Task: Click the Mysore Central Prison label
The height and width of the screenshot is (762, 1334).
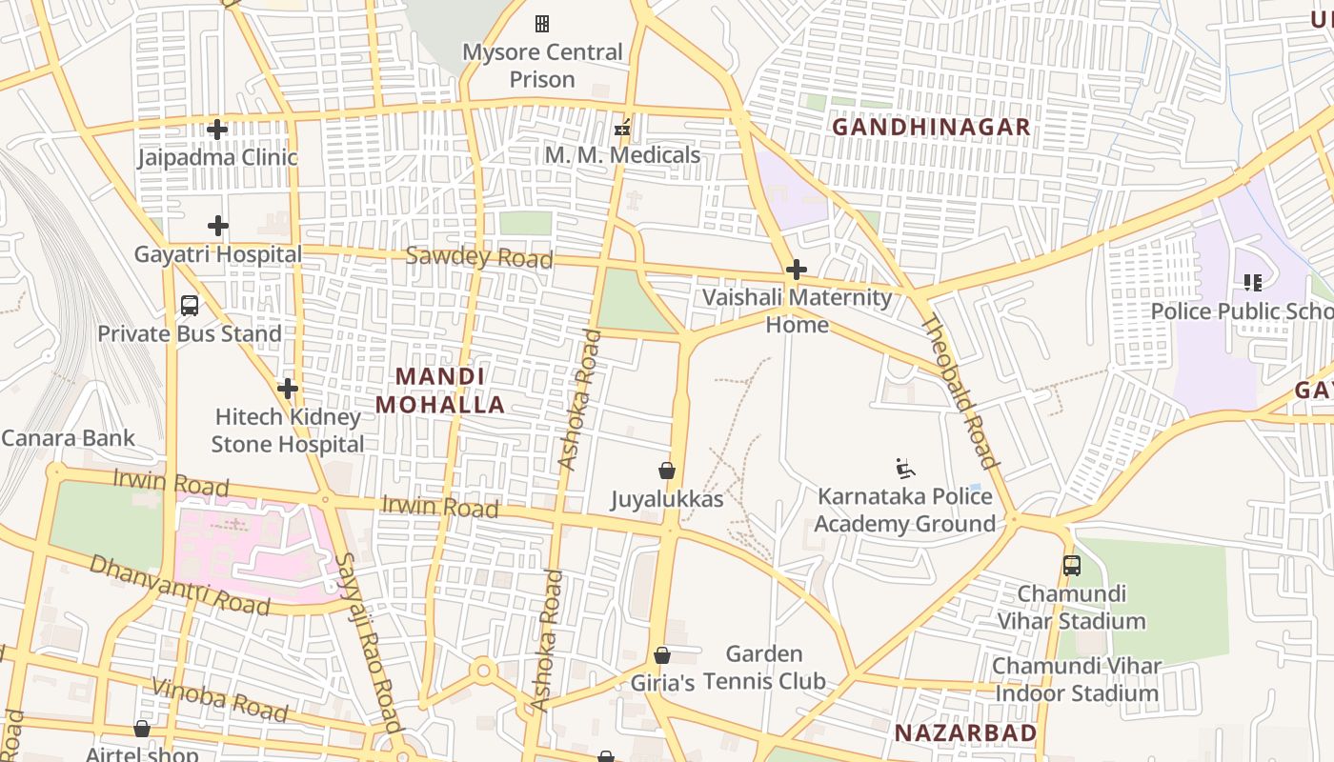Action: pyautogui.click(x=542, y=66)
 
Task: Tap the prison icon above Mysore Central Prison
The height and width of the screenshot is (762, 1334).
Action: pyautogui.click(x=542, y=23)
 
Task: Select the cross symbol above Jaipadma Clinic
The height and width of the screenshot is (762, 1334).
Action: pyautogui.click(x=217, y=129)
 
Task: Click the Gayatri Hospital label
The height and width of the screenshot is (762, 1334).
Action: pyautogui.click(x=217, y=254)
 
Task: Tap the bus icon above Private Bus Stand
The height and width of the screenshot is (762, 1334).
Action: pyautogui.click(x=190, y=306)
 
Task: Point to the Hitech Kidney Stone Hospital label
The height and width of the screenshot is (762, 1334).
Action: pyautogui.click(x=287, y=431)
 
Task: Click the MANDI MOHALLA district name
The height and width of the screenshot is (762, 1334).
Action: pyautogui.click(x=439, y=391)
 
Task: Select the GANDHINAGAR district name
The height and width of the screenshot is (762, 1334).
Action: pyautogui.click(x=931, y=127)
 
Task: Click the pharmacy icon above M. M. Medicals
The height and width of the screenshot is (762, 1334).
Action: pyautogui.click(x=622, y=127)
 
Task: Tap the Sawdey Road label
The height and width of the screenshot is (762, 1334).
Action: pyautogui.click(x=478, y=257)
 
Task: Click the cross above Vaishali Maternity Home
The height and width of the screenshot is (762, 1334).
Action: pyautogui.click(x=797, y=270)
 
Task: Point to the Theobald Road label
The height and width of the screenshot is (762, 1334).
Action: pyautogui.click(x=960, y=391)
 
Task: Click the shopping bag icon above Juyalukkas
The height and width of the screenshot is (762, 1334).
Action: pyautogui.click(x=667, y=471)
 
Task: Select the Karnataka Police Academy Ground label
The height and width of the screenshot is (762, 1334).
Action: pyautogui.click(x=904, y=511)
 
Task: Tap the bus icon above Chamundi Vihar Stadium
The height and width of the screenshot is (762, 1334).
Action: pyautogui.click(x=1072, y=566)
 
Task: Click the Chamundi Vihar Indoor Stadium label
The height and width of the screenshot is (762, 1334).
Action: pyautogui.click(x=1077, y=679)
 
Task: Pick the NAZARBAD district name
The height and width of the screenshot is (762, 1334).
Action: pyautogui.click(x=965, y=732)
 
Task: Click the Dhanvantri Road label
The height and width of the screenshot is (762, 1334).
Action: pyautogui.click(x=179, y=584)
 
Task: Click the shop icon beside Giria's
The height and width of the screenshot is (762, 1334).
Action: pyautogui.click(x=662, y=655)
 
